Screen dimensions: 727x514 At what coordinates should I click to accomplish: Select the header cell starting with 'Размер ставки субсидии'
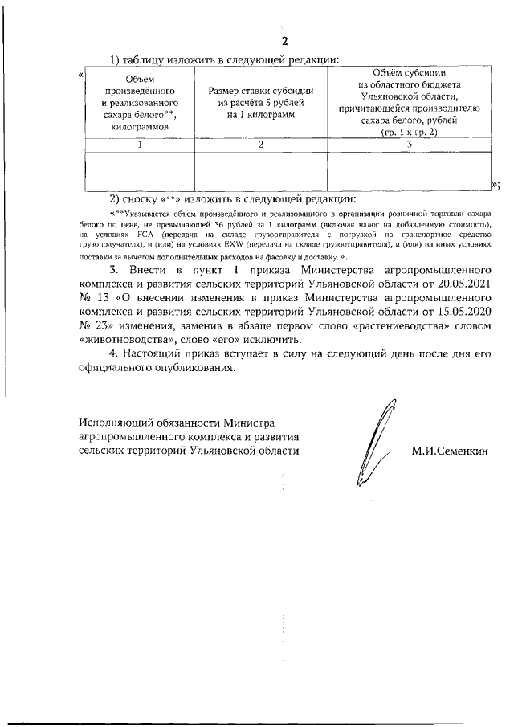261,104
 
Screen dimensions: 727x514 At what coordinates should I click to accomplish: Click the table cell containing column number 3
410,145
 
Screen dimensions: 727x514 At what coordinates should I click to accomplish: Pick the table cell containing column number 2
261,145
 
